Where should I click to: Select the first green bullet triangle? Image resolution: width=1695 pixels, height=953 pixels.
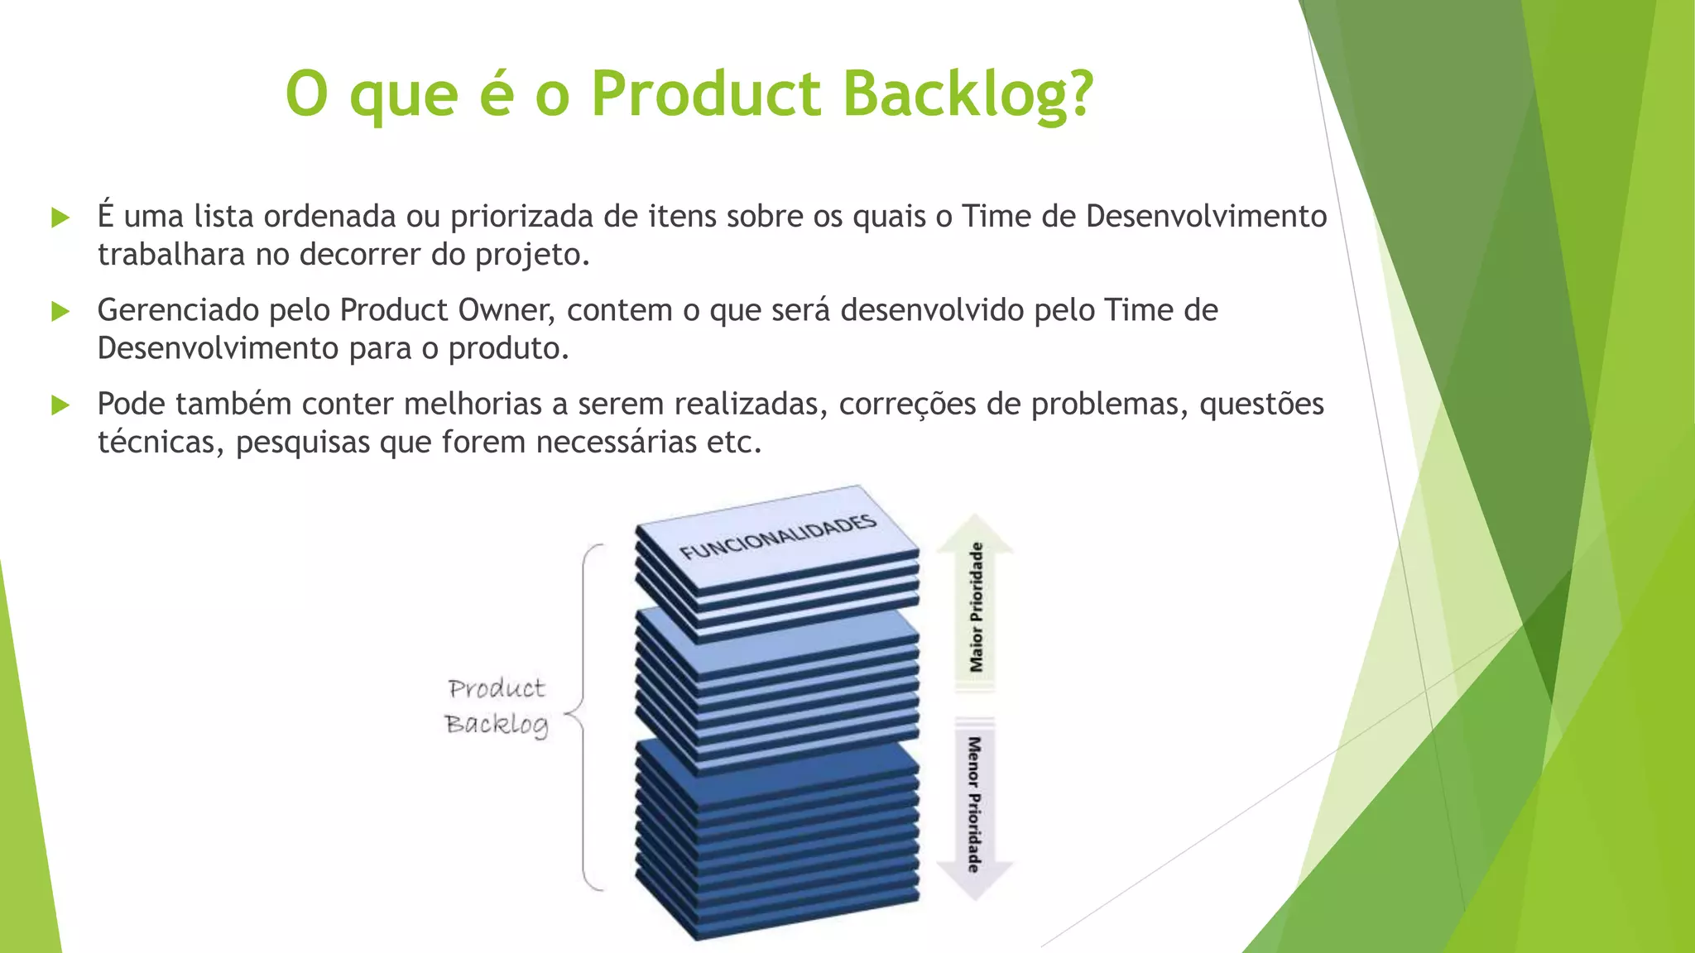pyautogui.click(x=60, y=218)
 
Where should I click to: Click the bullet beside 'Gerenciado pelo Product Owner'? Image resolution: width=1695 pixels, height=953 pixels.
pyautogui.click(x=60, y=311)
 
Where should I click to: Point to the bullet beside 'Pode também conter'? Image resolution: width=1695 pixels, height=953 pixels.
pyautogui.click(x=60, y=405)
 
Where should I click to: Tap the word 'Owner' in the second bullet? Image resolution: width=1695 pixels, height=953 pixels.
pyautogui.click(x=505, y=310)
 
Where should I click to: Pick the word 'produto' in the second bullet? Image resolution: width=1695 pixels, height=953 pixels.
pyautogui.click(x=507, y=349)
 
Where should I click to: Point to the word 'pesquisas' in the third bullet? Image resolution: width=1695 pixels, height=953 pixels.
pyautogui.click(x=303, y=443)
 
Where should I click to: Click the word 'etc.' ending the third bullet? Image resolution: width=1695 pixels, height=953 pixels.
pyautogui.click(x=733, y=443)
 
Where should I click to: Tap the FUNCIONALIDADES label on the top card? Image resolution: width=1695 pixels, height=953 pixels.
pyautogui.click(x=777, y=537)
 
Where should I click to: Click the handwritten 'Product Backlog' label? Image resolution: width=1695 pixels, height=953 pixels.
pyautogui.click(x=497, y=706)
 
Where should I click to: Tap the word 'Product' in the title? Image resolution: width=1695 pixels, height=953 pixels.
pyautogui.click(x=706, y=93)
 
